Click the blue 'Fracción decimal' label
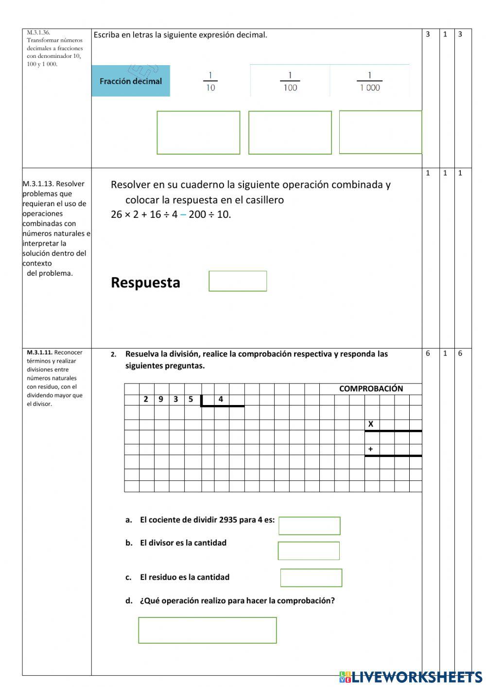point(130,81)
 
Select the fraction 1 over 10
point(210,82)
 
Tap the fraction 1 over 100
point(290,82)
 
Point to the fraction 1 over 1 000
point(369,82)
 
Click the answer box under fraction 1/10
point(198,133)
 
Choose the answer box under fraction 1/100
point(290,133)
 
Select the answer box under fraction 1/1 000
point(380,132)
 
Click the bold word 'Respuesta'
point(145,282)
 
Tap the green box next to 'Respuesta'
point(238,281)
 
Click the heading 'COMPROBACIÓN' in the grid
point(371,388)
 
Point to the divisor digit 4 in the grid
point(221,399)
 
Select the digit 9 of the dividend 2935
point(161,399)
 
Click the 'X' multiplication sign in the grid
point(371,424)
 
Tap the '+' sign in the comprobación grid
point(370,449)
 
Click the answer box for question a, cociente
point(309,526)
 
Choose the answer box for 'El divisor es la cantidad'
point(309,551)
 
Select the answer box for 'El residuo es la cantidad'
point(311,578)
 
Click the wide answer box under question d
point(208,630)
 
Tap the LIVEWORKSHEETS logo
point(411,677)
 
